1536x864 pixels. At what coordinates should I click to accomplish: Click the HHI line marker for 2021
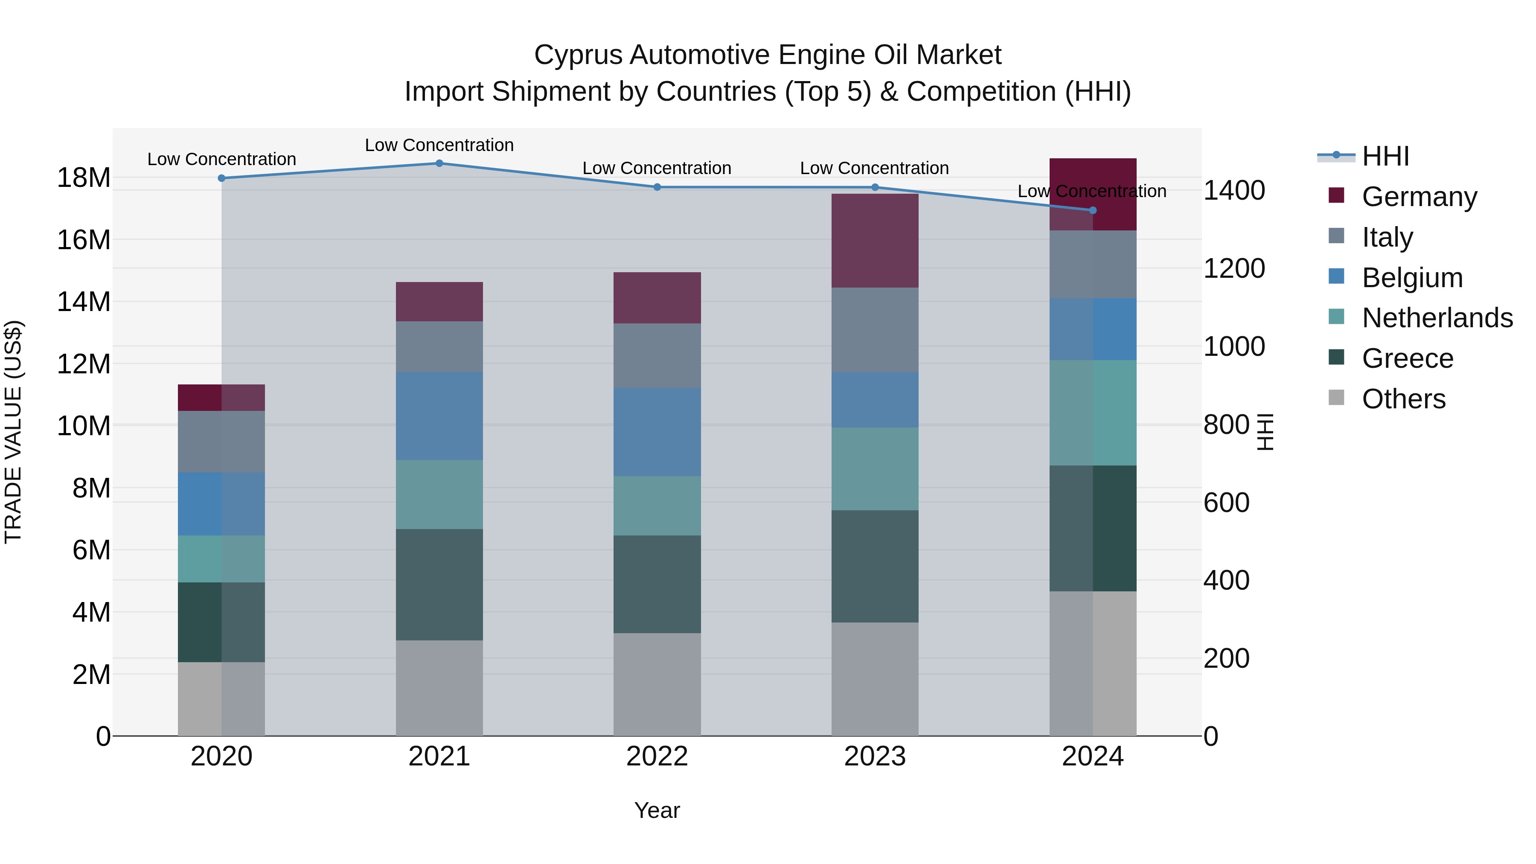tap(439, 163)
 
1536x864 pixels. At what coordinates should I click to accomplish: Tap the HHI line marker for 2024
tap(1092, 210)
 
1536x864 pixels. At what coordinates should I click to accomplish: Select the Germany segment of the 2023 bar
tap(875, 241)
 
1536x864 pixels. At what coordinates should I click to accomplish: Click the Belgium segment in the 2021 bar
tap(439, 416)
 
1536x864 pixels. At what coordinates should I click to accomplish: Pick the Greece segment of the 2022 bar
tap(657, 585)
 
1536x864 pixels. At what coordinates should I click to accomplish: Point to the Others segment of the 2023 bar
tap(875, 679)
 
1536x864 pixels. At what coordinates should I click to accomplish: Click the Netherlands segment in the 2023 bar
tap(875, 468)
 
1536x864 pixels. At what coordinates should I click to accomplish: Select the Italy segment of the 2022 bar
tap(657, 356)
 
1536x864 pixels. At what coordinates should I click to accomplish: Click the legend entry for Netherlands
tap(1437, 318)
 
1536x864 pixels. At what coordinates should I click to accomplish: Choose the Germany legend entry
tap(1419, 197)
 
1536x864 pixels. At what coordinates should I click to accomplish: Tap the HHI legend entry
tap(1385, 156)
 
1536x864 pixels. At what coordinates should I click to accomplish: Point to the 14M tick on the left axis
tap(84, 303)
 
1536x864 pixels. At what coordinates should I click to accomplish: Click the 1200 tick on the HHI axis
tap(1233, 268)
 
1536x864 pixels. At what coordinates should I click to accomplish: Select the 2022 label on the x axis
tap(657, 756)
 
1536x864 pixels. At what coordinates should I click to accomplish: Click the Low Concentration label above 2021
tap(439, 145)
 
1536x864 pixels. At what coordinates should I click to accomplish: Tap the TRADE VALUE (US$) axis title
tap(13, 432)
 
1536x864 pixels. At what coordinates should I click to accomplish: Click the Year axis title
tap(657, 810)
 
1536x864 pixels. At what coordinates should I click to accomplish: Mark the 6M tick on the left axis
tap(91, 550)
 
